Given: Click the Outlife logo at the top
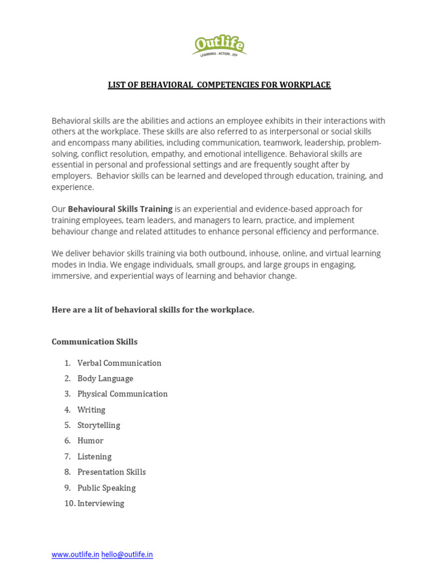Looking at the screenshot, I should pos(219,45).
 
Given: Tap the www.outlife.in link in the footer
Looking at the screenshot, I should pos(75,555).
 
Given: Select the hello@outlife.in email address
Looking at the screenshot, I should pos(127,555).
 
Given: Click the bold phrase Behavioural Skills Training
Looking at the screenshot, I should pos(120,209).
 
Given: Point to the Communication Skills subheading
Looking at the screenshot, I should pos(94,342).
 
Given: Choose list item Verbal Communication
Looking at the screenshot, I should pos(119,363).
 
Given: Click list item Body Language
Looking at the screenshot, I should pos(105,378).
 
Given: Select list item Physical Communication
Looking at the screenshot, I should pos(122,394).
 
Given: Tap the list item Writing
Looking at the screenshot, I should pos(91,410).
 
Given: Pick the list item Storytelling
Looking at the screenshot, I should pos(99,425).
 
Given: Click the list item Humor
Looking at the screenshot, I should pos(90,441).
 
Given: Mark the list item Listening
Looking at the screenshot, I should pos(94,457).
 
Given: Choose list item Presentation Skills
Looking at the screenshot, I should pos(111,472).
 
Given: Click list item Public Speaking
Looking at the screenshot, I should pos(106,488).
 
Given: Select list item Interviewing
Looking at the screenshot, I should pos(101,504).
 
